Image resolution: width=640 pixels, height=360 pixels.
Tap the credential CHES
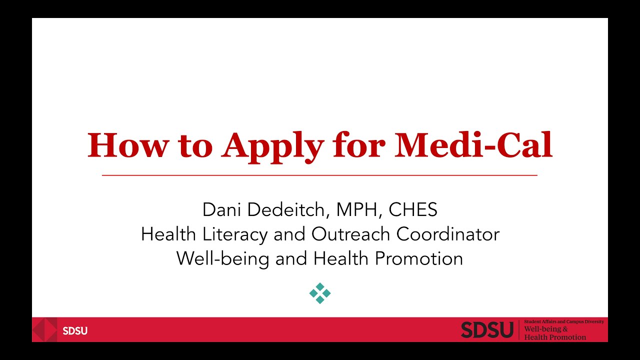[413, 210]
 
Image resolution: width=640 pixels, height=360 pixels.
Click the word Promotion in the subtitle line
[418, 258]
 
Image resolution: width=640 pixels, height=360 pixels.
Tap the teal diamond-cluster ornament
[320, 293]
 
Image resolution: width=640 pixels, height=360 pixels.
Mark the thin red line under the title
[319, 175]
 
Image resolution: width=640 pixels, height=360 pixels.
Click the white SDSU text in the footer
[75, 331]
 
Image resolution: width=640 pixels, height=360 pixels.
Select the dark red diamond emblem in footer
[44, 330]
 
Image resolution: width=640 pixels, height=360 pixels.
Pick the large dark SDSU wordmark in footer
[486, 330]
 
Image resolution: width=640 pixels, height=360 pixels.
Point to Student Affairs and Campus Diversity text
[564, 322]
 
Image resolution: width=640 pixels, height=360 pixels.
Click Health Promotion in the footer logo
[555, 337]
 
